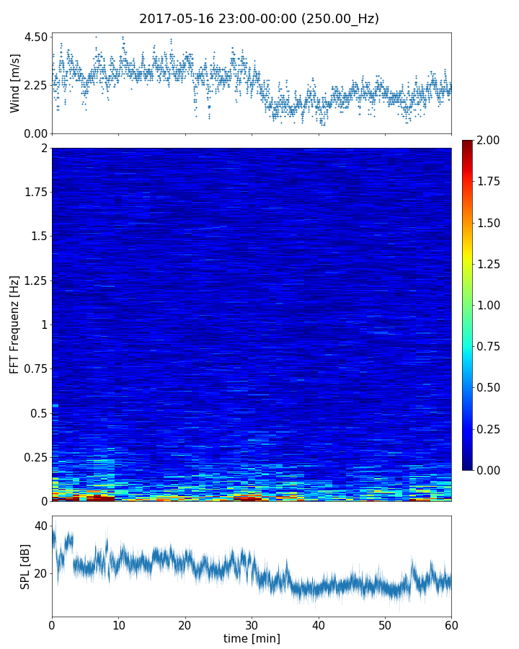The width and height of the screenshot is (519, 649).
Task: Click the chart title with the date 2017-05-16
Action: (x=259, y=19)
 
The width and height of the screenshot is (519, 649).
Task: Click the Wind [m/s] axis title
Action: (x=15, y=83)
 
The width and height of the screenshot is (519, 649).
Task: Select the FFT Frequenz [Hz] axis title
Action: (x=15, y=324)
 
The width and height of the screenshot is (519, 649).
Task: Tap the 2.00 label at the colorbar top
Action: (x=490, y=140)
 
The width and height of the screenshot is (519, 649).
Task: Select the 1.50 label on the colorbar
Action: (x=490, y=223)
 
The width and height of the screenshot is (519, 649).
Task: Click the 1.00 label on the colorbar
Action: (x=490, y=305)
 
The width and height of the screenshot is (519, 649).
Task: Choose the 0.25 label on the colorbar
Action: (x=490, y=429)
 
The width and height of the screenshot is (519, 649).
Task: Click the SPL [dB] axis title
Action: (x=25, y=566)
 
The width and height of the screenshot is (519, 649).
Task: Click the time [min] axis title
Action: (x=252, y=638)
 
